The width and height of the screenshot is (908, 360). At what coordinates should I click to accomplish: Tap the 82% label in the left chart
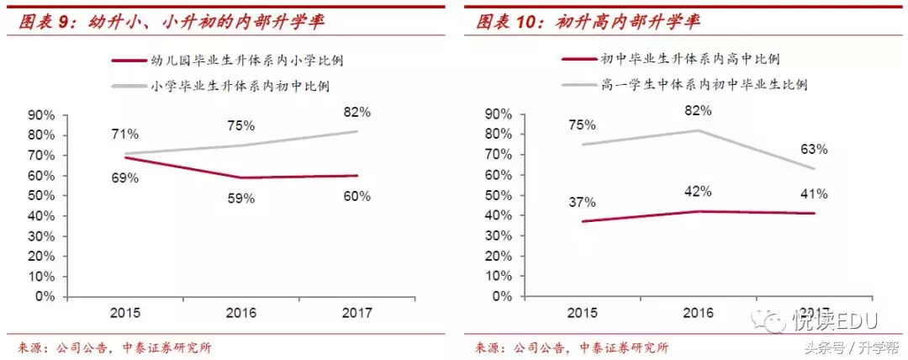tap(356, 111)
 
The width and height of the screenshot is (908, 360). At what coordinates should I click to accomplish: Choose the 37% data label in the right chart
tap(581, 202)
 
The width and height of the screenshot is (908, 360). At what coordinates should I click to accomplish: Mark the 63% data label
tap(813, 149)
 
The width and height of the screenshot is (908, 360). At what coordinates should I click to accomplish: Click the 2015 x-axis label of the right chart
tap(581, 313)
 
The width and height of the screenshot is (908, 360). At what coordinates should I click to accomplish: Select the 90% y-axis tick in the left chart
tap(42, 115)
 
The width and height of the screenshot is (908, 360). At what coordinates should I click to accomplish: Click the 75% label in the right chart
tap(581, 124)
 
